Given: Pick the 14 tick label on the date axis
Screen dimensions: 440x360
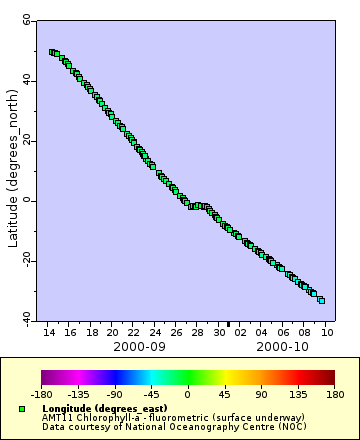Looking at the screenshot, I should (49, 331).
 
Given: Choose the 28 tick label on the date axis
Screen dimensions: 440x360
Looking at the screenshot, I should (197, 331).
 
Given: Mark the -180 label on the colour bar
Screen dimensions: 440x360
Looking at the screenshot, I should (42, 394).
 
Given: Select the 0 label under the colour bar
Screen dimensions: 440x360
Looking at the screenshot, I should (187, 394).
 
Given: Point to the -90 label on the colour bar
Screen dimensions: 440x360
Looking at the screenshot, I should (115, 394).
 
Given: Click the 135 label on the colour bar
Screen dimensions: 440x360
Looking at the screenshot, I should (295, 394).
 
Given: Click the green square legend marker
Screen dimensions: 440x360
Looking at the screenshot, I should (22, 409).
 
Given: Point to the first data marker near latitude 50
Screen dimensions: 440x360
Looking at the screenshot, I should (52, 52).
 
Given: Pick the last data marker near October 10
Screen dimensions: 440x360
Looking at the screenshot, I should (321, 300).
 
